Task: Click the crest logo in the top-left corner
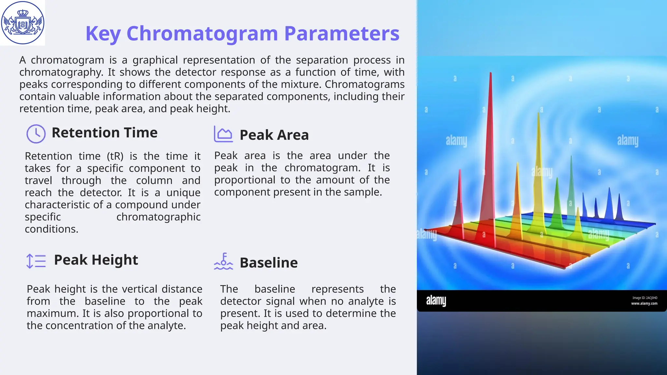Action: tap(22, 23)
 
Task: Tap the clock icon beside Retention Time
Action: tap(36, 134)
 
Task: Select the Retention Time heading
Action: tap(105, 133)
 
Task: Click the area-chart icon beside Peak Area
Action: tap(223, 134)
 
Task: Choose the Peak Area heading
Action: tap(274, 135)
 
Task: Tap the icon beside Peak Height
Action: tap(36, 261)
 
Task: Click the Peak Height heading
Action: tap(96, 260)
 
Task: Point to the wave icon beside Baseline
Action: tap(223, 262)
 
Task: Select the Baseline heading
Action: tap(268, 263)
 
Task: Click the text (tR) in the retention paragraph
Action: tap(115, 156)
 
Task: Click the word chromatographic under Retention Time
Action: tap(158, 217)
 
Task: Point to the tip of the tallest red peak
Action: tap(490, 74)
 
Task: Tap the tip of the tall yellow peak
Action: tap(538, 113)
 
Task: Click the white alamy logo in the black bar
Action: tap(436, 300)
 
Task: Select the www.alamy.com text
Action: tap(644, 303)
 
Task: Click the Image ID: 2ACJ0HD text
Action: tap(645, 298)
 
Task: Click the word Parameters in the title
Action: tap(342, 34)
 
